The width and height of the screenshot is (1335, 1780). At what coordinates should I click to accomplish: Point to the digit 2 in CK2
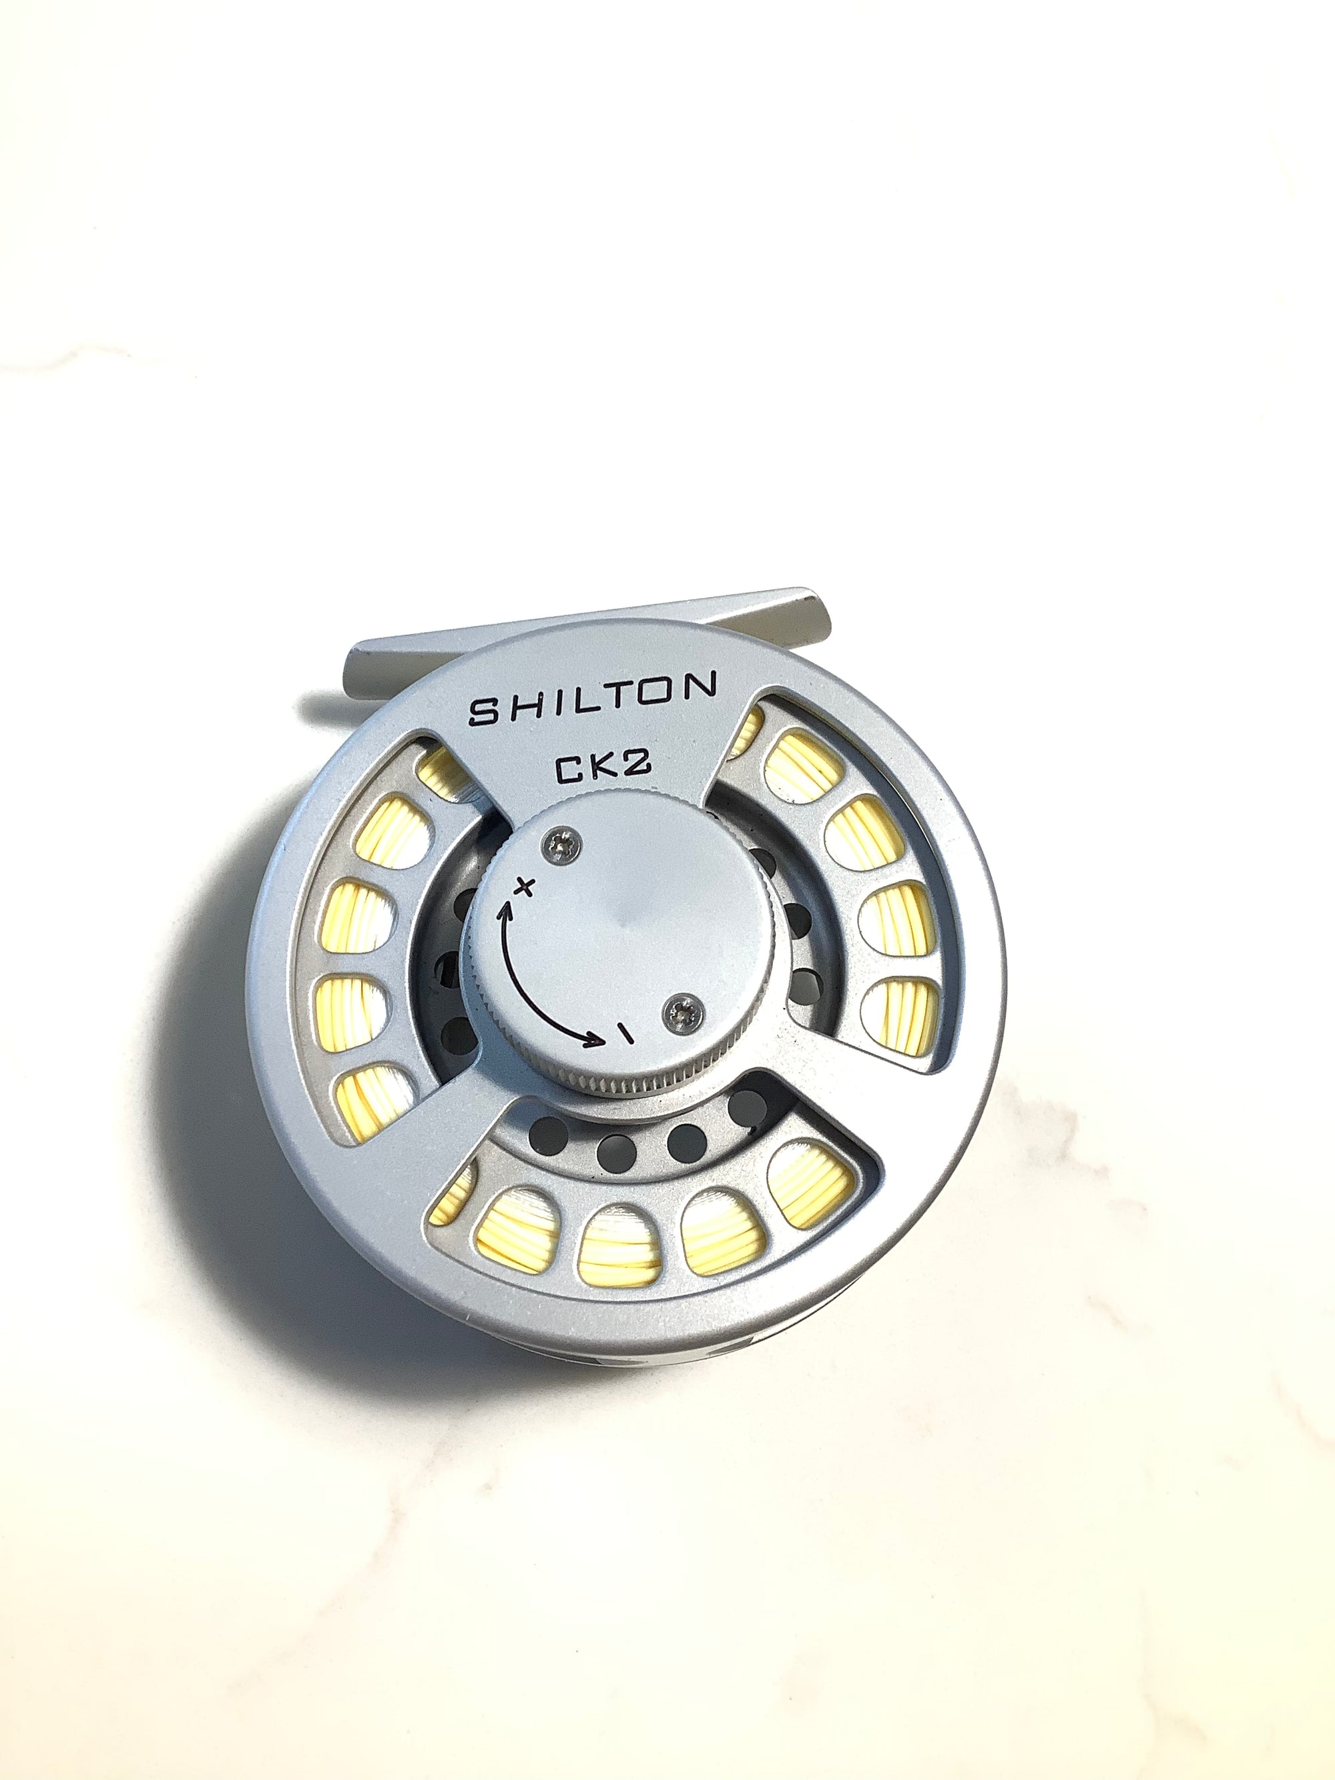(639, 766)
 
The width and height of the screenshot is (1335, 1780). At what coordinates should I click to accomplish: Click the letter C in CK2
(567, 774)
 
